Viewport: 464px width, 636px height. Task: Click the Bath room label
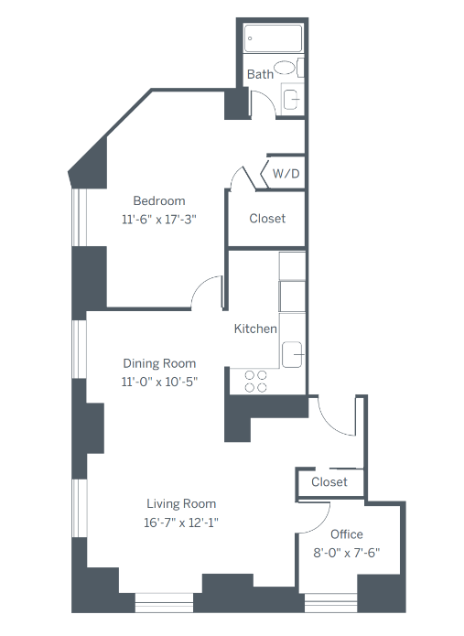pyautogui.click(x=260, y=75)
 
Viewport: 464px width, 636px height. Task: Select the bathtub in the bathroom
pyautogui.click(x=274, y=38)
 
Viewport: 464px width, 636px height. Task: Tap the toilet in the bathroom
pyautogui.click(x=286, y=67)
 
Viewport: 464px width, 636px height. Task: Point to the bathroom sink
pyautogui.click(x=292, y=99)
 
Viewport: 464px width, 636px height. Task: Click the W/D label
pyautogui.click(x=285, y=172)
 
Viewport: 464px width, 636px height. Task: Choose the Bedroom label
pyautogui.click(x=159, y=201)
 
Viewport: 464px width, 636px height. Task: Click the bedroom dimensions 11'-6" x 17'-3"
pyautogui.click(x=159, y=220)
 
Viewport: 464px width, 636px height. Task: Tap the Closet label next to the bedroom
pyautogui.click(x=267, y=219)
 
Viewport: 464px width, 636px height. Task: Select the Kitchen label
pyautogui.click(x=255, y=329)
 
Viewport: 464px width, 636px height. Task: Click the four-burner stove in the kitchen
pyautogui.click(x=255, y=381)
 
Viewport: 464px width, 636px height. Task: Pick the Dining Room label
pyautogui.click(x=160, y=363)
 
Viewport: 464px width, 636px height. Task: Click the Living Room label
pyautogui.click(x=181, y=504)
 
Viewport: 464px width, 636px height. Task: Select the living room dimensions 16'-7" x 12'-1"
pyautogui.click(x=181, y=523)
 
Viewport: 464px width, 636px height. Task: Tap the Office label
pyautogui.click(x=346, y=534)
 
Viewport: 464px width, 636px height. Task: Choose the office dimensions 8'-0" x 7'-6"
pyautogui.click(x=346, y=552)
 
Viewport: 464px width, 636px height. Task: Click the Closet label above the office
pyautogui.click(x=329, y=482)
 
